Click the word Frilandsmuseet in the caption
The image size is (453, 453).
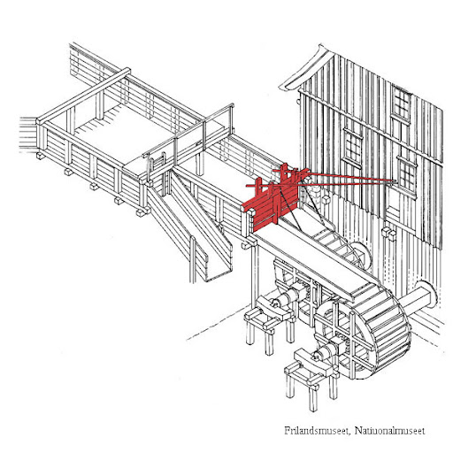click(x=317, y=431)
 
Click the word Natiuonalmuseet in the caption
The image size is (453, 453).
click(x=390, y=431)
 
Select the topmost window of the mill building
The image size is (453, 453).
click(x=401, y=104)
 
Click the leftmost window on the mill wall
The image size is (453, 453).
click(x=353, y=147)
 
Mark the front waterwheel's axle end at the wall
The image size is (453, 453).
click(x=425, y=295)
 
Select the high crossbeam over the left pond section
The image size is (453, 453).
click(x=83, y=95)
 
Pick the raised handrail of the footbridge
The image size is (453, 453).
click(x=188, y=129)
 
